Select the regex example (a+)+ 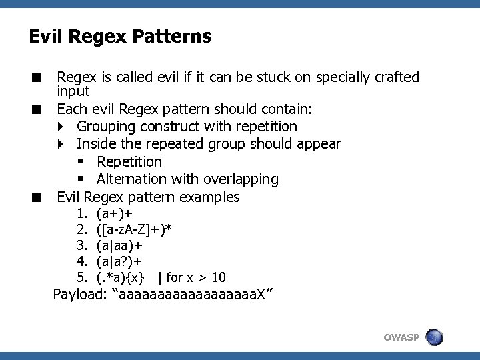[114, 214]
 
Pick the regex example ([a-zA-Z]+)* [134, 230]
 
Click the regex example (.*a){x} [121, 277]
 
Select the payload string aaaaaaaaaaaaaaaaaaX [193, 294]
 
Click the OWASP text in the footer [401, 337]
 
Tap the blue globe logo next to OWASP [435, 337]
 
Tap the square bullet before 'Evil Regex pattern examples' [40, 197]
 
